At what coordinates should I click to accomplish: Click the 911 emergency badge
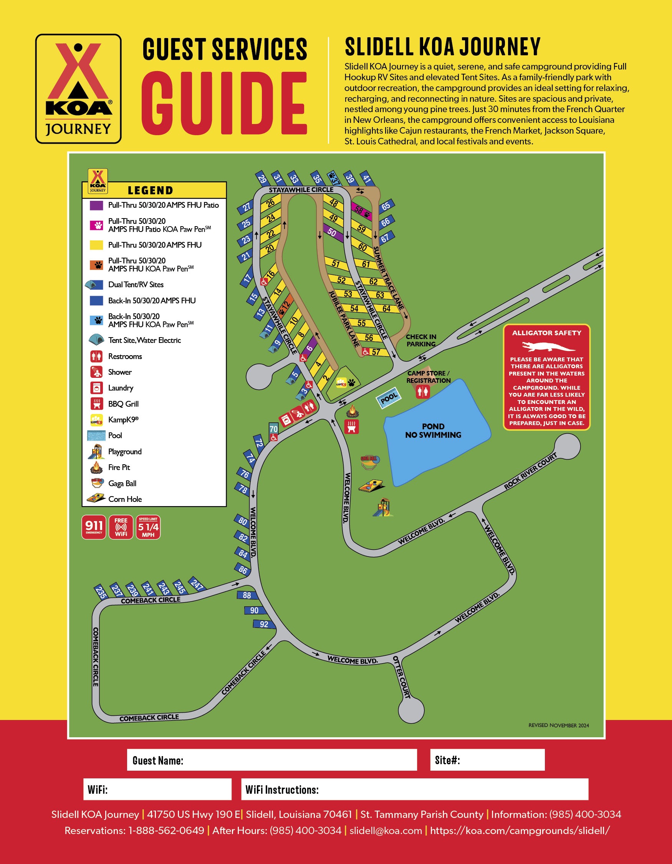[x=94, y=527]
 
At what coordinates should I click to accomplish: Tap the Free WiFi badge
[x=121, y=527]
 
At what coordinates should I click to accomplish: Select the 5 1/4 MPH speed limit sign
[x=148, y=527]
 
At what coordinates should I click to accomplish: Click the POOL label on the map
[x=388, y=398]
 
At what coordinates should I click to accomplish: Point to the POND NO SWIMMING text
[x=433, y=431]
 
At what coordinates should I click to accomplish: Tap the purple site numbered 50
[x=331, y=233]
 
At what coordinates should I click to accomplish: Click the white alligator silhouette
[x=548, y=347]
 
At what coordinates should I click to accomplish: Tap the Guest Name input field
[x=272, y=760]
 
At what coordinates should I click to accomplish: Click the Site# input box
[x=487, y=760]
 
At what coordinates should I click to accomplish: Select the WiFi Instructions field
[x=414, y=789]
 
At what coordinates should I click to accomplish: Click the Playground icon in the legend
[x=96, y=451]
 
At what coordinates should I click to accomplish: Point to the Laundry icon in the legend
[x=96, y=388]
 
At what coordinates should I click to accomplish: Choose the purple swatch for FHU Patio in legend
[x=96, y=205]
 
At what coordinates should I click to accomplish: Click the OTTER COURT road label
[x=401, y=677]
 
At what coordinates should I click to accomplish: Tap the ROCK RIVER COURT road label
[x=530, y=471]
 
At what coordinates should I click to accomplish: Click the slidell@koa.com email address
[x=386, y=830]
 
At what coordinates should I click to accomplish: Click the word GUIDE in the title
[x=224, y=104]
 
